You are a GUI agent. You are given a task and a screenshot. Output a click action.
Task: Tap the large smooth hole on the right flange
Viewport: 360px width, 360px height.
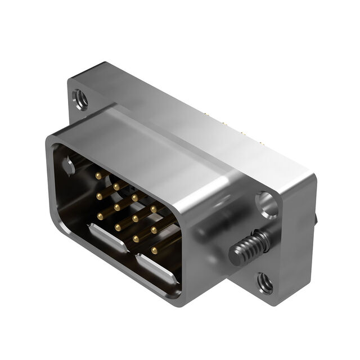pyautogui.click(x=267, y=204)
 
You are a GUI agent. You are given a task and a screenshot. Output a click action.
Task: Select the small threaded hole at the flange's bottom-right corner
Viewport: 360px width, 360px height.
pyautogui.click(x=264, y=283)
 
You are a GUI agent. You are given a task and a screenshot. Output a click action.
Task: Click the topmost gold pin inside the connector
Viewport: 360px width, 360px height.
pyautogui.click(x=99, y=175)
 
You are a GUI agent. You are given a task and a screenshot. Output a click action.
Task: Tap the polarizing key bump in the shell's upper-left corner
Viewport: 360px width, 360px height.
pyautogui.click(x=69, y=166)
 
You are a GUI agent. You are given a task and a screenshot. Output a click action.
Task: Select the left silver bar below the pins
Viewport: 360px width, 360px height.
pyautogui.click(x=107, y=237)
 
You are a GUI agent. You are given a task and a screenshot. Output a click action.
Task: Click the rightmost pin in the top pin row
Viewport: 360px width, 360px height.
pyautogui.click(x=154, y=209)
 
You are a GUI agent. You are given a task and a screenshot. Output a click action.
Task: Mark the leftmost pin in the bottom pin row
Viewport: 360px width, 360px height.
pyautogui.click(x=119, y=227)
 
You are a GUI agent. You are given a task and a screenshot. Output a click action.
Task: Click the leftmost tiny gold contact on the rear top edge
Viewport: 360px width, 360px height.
pyautogui.click(x=206, y=114)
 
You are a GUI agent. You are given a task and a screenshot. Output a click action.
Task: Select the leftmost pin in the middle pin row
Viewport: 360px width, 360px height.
pyautogui.click(x=100, y=196)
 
